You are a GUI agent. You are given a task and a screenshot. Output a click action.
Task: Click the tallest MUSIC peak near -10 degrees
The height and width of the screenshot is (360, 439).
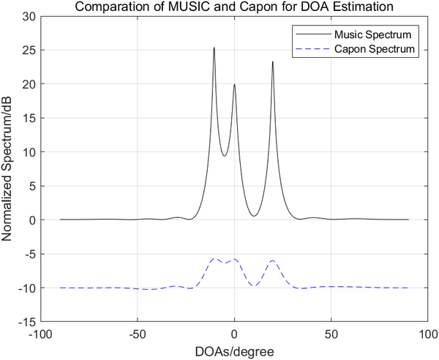pos(214,48)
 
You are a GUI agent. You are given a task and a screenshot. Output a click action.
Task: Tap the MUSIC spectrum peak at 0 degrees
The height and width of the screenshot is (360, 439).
pos(234,85)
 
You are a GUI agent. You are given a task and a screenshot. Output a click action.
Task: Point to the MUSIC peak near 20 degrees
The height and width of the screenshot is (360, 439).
pos(273,61)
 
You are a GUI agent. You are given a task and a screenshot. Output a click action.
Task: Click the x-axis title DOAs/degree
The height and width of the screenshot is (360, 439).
pos(234,351)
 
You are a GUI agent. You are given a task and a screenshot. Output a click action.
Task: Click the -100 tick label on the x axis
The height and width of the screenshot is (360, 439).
pos(41,334)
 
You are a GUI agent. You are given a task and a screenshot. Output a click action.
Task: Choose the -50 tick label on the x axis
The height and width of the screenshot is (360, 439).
pos(138,334)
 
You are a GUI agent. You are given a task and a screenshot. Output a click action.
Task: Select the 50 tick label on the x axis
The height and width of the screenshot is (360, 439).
pos(331,334)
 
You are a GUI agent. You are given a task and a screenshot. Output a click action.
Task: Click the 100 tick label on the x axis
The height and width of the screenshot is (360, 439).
pos(427,334)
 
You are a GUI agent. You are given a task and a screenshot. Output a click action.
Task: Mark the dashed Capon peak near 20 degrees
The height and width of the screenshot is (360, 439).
pos(273,260)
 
